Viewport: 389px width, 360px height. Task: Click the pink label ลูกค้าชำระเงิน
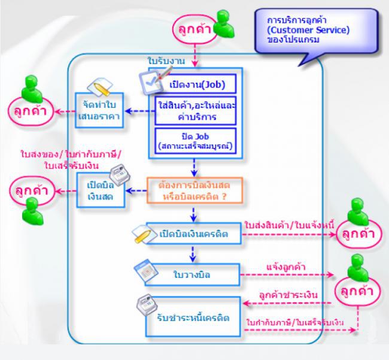pos(288,295)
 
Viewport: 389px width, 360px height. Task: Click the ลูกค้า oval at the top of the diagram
pos(193,29)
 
